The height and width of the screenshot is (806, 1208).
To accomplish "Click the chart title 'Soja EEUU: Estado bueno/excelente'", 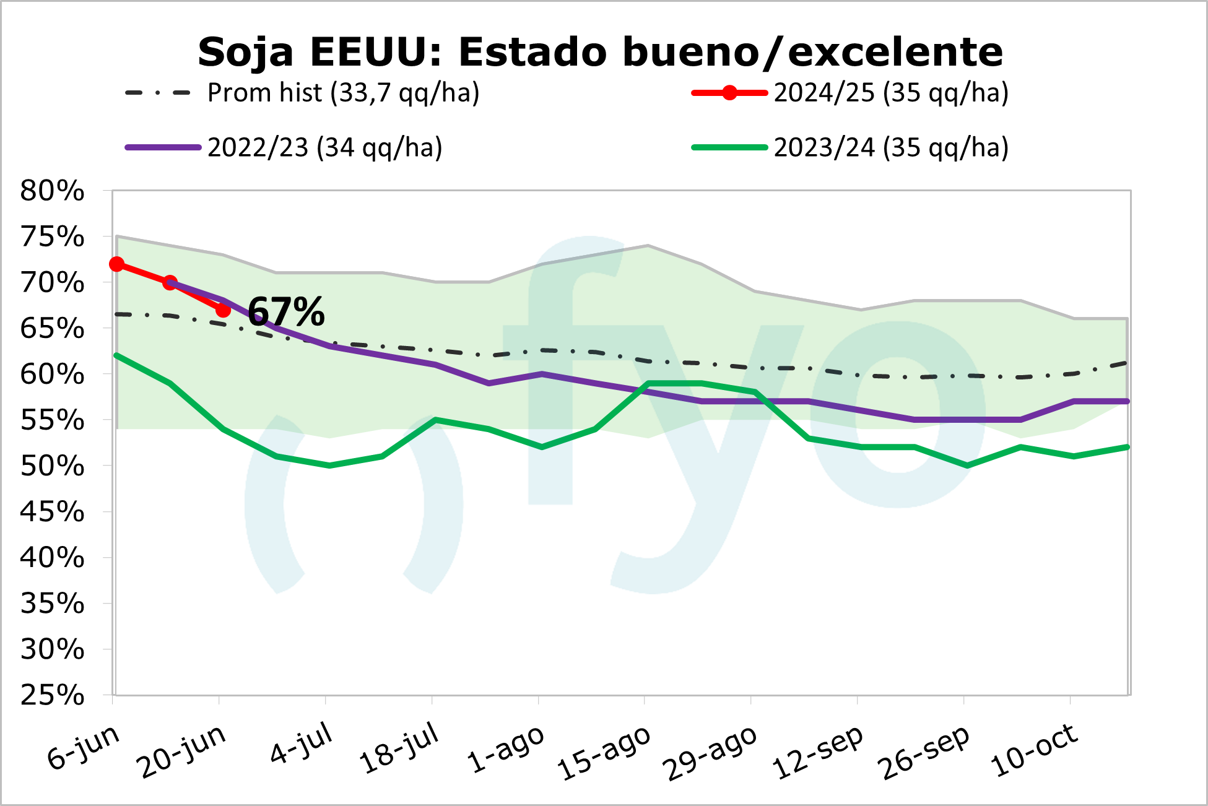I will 600,52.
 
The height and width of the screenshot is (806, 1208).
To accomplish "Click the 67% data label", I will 286,311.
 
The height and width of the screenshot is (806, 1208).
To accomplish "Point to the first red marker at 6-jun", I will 116,264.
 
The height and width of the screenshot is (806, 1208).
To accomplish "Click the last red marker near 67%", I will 223,310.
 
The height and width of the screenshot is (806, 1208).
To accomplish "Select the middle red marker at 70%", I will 170,283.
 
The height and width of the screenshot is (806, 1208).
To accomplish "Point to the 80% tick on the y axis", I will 52,191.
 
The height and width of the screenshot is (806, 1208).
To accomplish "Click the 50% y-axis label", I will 52,466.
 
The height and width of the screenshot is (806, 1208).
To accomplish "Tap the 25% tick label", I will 52,695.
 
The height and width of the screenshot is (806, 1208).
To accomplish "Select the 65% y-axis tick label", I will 52,329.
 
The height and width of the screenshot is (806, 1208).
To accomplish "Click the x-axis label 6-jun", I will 84,747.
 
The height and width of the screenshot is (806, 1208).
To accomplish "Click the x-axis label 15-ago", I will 604,752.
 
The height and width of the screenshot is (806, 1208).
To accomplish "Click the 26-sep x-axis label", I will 924,752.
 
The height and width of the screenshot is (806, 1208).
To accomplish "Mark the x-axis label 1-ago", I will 506,749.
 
